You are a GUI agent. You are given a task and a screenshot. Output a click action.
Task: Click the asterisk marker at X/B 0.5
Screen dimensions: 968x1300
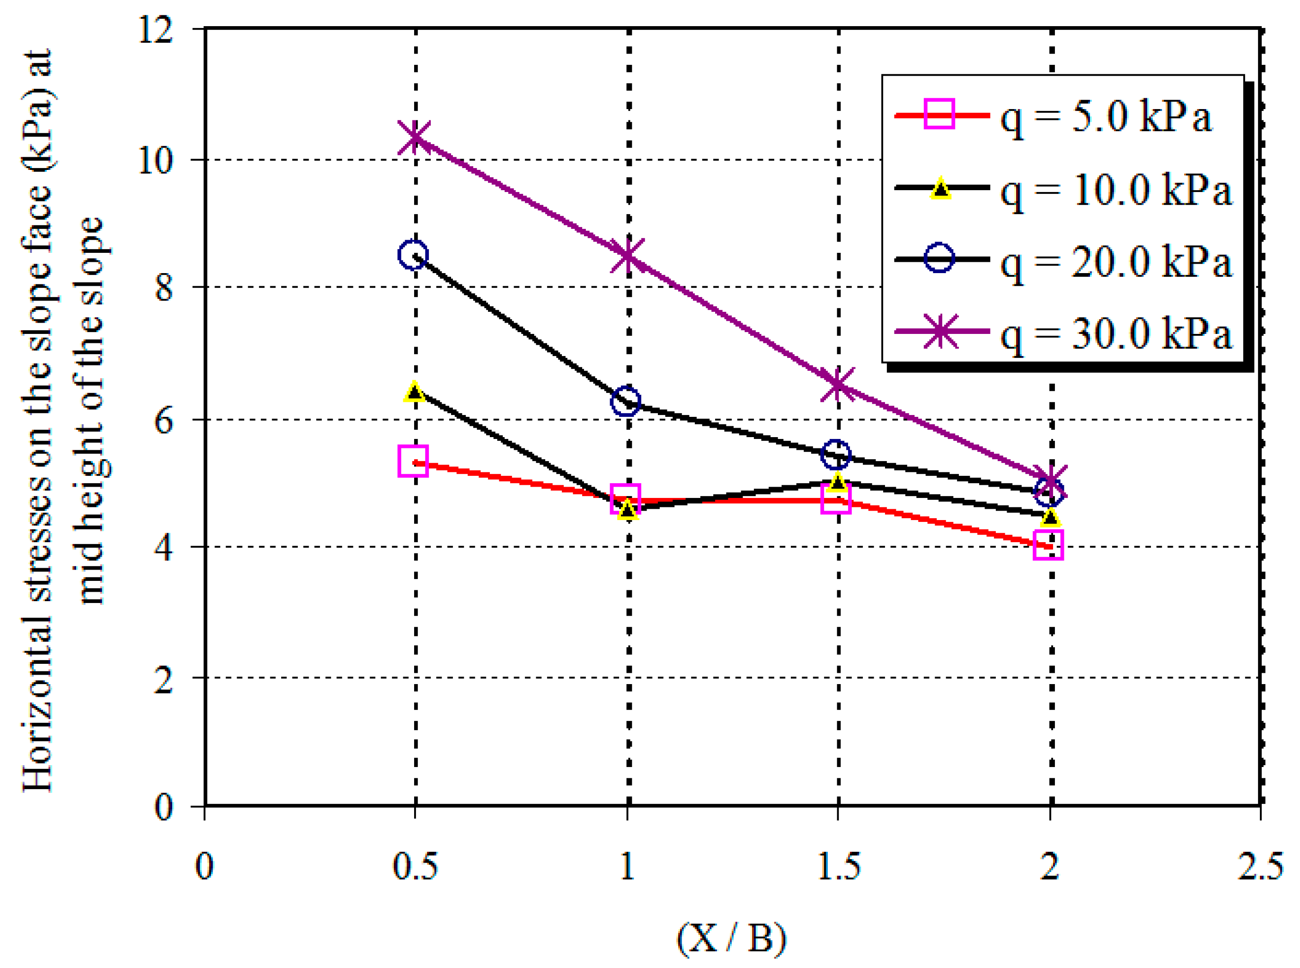415,137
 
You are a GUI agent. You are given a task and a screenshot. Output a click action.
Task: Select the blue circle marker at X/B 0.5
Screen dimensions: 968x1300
413,255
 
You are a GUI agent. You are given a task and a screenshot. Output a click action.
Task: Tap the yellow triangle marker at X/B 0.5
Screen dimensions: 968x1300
414,392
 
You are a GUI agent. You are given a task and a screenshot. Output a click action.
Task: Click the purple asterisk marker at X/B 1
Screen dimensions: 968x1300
627,256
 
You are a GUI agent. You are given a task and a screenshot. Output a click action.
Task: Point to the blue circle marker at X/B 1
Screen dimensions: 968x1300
626,401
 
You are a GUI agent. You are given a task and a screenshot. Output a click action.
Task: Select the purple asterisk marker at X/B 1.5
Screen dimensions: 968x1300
837,384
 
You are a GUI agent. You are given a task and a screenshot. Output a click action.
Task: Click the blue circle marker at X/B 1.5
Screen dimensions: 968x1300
836,455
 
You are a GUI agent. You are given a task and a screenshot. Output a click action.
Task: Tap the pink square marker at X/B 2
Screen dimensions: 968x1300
1048,545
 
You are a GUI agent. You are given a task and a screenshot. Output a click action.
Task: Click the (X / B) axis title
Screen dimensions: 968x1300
730,937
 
